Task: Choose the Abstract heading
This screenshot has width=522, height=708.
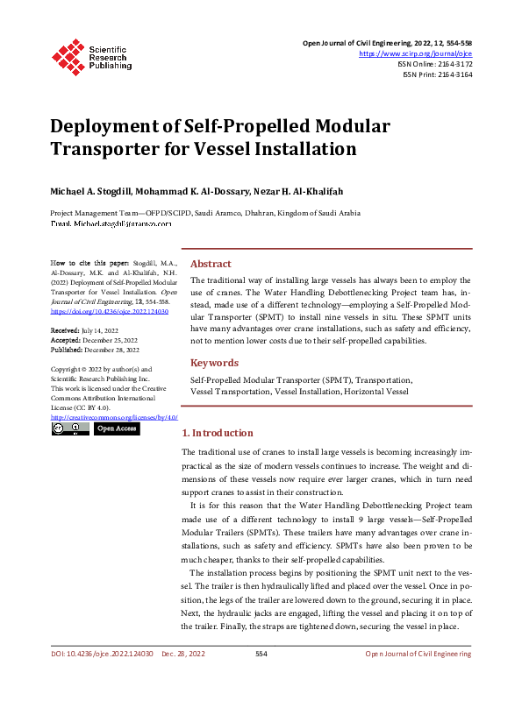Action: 211,264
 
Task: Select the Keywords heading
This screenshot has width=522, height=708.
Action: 214,363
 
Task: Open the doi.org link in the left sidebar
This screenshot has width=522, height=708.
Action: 110,311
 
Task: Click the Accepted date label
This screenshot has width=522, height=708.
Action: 67,340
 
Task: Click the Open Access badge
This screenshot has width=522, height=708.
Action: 117,429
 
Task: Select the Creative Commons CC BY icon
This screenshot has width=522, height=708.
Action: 69,429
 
